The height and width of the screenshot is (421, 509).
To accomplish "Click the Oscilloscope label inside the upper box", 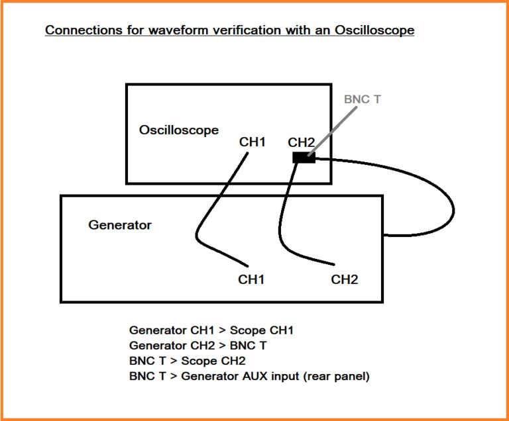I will tap(178, 130).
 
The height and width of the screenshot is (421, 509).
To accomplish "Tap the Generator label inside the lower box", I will tap(120, 225).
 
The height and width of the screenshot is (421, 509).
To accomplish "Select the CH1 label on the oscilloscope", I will tap(253, 142).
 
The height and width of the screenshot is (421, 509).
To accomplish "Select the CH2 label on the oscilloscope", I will tap(301, 142).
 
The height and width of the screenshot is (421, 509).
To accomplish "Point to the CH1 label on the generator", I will tap(251, 279).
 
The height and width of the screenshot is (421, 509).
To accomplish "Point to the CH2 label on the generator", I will tap(345, 279).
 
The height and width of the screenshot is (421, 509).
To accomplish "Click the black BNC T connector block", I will tap(304, 158).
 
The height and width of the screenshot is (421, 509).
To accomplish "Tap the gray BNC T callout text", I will tap(363, 100).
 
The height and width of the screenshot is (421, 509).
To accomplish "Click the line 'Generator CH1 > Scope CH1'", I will tap(211, 330).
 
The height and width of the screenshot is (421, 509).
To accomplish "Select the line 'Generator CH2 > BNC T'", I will tap(199, 346).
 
